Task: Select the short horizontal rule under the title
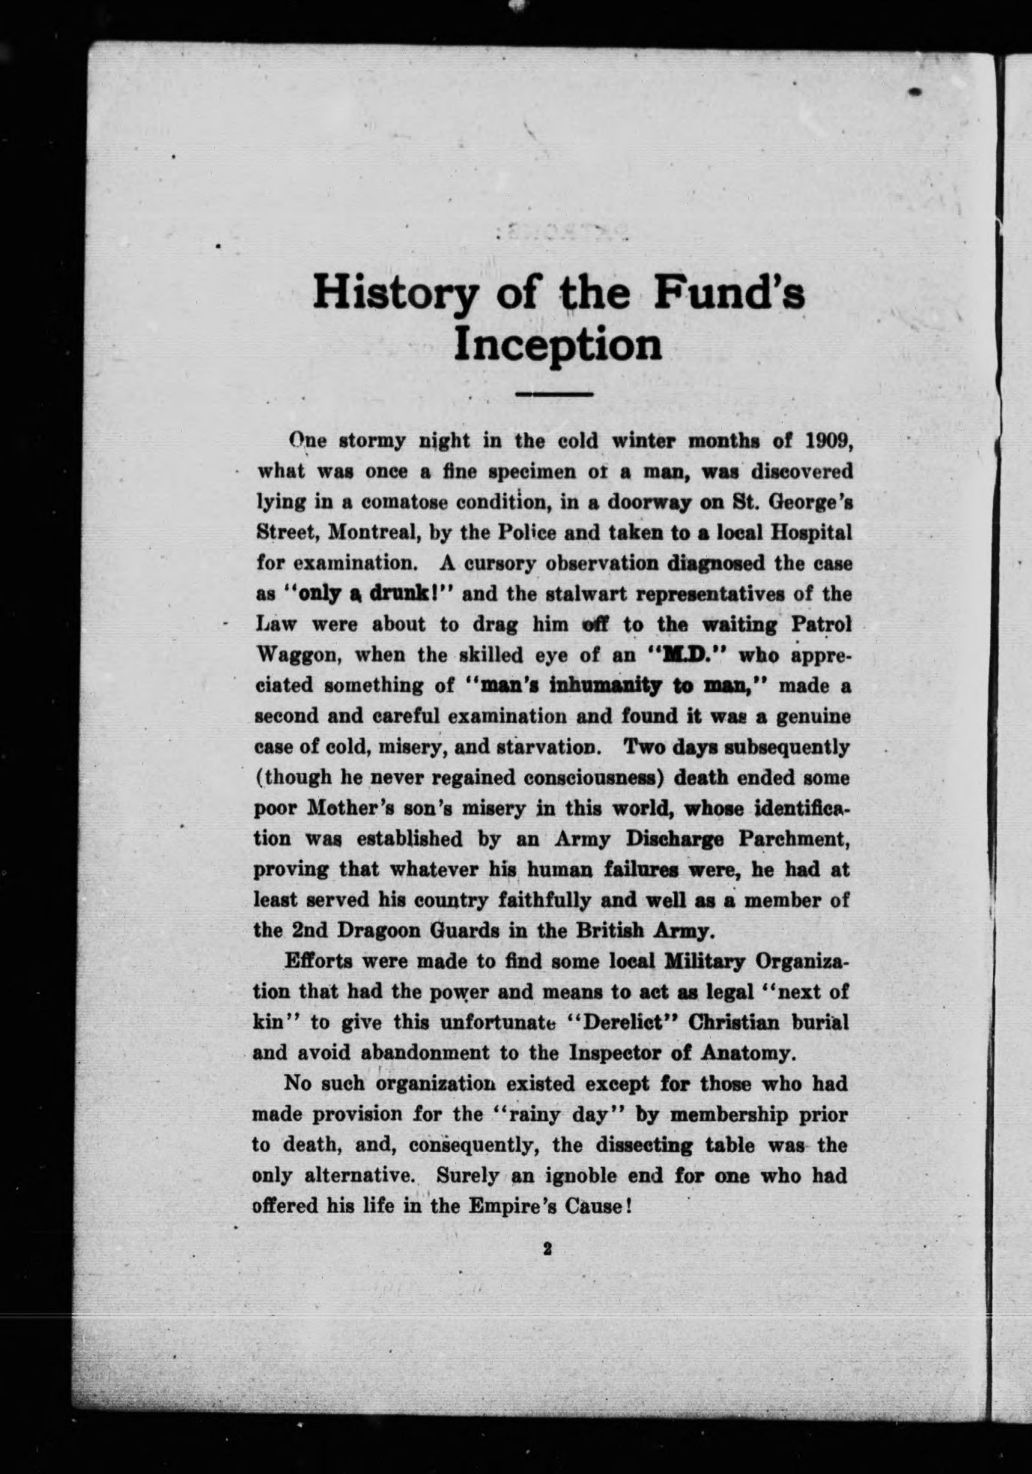coord(555,393)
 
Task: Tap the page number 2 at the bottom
coord(547,1249)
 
